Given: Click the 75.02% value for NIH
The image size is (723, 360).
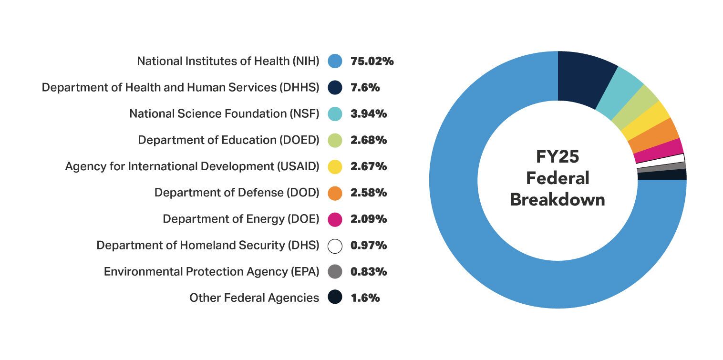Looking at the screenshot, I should pyautogui.click(x=372, y=62).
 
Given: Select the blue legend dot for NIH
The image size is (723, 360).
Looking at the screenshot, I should pyautogui.click(x=335, y=62).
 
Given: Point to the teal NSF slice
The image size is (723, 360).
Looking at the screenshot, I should pyautogui.click(x=619, y=93).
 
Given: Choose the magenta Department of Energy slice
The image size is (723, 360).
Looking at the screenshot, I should pyautogui.click(x=658, y=150).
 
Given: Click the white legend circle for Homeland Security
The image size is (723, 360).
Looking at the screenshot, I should pyautogui.click(x=335, y=246).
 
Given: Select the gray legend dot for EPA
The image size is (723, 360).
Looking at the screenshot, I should pyautogui.click(x=335, y=272).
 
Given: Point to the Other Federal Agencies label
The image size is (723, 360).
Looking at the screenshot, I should pyautogui.click(x=254, y=298).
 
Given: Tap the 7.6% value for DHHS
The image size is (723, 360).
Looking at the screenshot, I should pyautogui.click(x=365, y=88).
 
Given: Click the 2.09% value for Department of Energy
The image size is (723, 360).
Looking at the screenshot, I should pyautogui.click(x=368, y=219).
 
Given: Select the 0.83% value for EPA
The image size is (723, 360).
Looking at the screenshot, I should pyautogui.click(x=368, y=272).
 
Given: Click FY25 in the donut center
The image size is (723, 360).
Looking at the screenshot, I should pyautogui.click(x=557, y=157).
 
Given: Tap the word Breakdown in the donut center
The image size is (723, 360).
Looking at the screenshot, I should pyautogui.click(x=557, y=199).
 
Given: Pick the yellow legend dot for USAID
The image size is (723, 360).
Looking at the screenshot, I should pyautogui.click(x=335, y=167).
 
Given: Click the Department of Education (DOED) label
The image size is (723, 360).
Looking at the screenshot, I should pyautogui.click(x=228, y=140).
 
